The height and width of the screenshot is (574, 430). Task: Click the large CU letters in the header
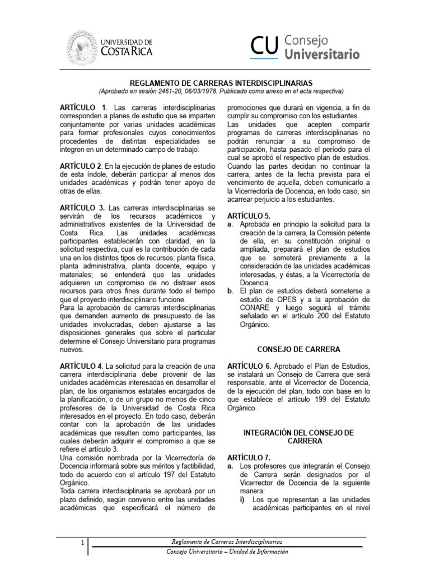pos(264,47)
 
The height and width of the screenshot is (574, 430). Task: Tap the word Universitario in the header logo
pos(322,54)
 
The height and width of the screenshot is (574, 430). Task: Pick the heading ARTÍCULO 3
pos(82,208)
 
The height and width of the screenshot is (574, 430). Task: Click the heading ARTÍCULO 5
pos(248,215)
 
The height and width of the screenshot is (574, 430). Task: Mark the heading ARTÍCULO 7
pos(248,457)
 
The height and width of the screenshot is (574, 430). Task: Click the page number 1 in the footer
pos(82,543)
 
